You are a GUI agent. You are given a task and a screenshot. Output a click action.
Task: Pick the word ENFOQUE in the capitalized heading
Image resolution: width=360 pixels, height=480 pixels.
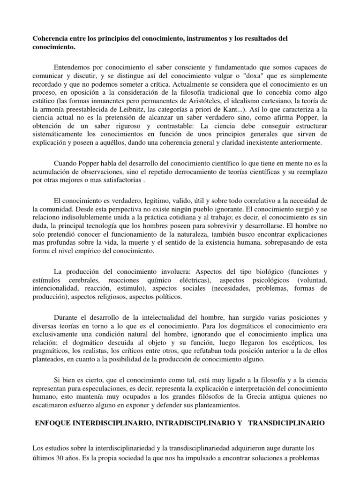point(53,422)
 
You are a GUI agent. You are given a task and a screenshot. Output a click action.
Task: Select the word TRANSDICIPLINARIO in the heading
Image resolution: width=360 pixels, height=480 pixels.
point(286,422)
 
